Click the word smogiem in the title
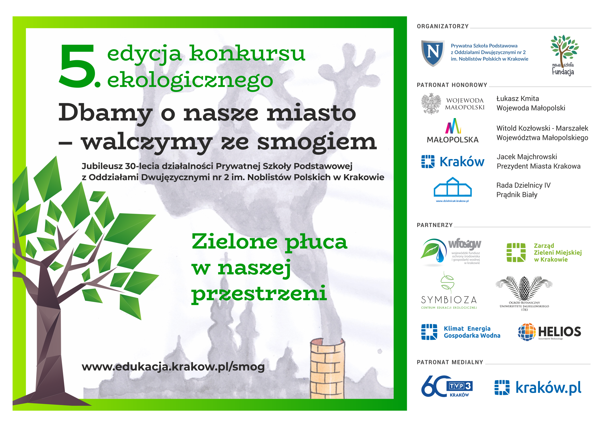(x=317, y=142)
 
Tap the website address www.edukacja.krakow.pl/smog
(x=173, y=367)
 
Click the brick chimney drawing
(x=327, y=368)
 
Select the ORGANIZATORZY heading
(x=443, y=26)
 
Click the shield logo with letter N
(x=433, y=53)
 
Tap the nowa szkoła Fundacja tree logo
(x=564, y=56)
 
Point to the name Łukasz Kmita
(x=518, y=99)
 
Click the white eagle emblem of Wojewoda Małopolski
(x=431, y=104)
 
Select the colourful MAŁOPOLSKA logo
(x=453, y=131)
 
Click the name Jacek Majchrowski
(x=527, y=157)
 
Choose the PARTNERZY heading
(x=435, y=225)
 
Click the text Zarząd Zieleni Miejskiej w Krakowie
(x=558, y=252)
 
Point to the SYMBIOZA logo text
(x=449, y=300)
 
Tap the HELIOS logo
(x=550, y=332)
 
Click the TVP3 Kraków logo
(x=447, y=386)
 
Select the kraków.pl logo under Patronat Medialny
(x=538, y=388)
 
